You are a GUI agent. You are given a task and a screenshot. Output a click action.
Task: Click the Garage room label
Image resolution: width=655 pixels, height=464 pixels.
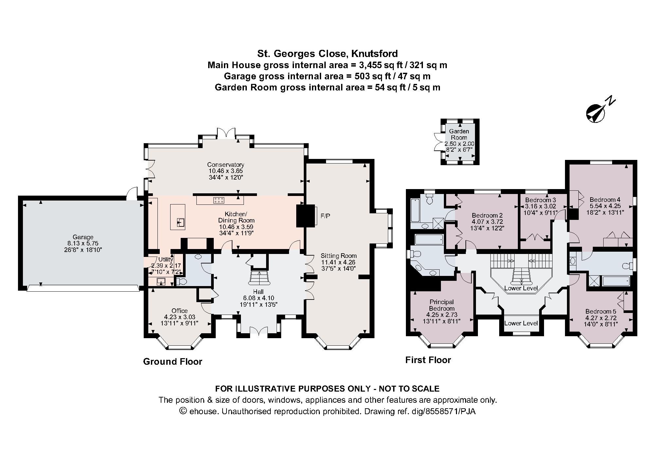83,237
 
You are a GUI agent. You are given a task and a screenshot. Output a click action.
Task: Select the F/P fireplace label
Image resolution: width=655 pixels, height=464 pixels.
325,216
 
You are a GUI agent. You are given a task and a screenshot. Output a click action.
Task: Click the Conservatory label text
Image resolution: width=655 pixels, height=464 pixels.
226,164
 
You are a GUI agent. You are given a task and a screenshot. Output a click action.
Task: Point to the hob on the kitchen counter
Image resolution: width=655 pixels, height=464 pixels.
217,200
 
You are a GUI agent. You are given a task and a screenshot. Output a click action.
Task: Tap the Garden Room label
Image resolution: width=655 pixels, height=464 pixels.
459,134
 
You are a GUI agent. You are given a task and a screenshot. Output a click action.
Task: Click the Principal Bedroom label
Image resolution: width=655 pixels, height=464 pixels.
442,305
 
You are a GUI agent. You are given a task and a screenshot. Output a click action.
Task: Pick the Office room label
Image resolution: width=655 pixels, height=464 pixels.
180,311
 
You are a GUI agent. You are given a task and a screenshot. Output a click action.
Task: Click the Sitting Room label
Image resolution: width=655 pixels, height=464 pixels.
338,256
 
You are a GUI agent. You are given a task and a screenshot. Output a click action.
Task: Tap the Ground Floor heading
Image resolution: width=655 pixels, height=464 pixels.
173,361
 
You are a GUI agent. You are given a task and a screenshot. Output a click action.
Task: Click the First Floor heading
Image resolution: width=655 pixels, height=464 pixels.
428,360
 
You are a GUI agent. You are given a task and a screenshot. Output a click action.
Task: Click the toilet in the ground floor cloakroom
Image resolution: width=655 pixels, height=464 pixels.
181,281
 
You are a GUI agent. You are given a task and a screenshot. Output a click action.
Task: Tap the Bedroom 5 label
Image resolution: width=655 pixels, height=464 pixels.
601,311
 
